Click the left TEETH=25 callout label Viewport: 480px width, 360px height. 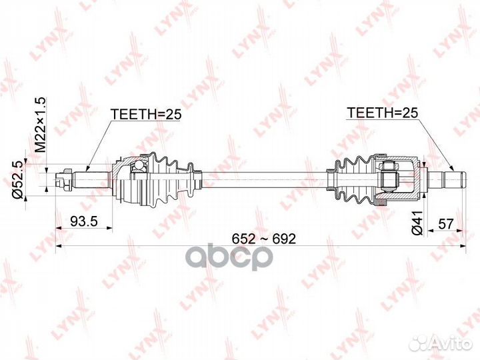146,114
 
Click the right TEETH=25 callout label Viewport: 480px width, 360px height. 383,113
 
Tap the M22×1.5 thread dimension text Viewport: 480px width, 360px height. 40,125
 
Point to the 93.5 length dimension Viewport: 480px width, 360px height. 84,221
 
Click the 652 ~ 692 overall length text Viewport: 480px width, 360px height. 264,239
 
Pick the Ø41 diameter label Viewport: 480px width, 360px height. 417,223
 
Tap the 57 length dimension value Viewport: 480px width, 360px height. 446,224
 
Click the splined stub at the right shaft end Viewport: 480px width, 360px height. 446,180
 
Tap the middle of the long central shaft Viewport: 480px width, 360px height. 265,180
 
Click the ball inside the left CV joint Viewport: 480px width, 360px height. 139,165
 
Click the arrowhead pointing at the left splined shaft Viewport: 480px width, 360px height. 87,169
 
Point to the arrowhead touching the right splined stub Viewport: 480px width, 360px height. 453,169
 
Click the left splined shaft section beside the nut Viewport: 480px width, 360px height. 91,180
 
